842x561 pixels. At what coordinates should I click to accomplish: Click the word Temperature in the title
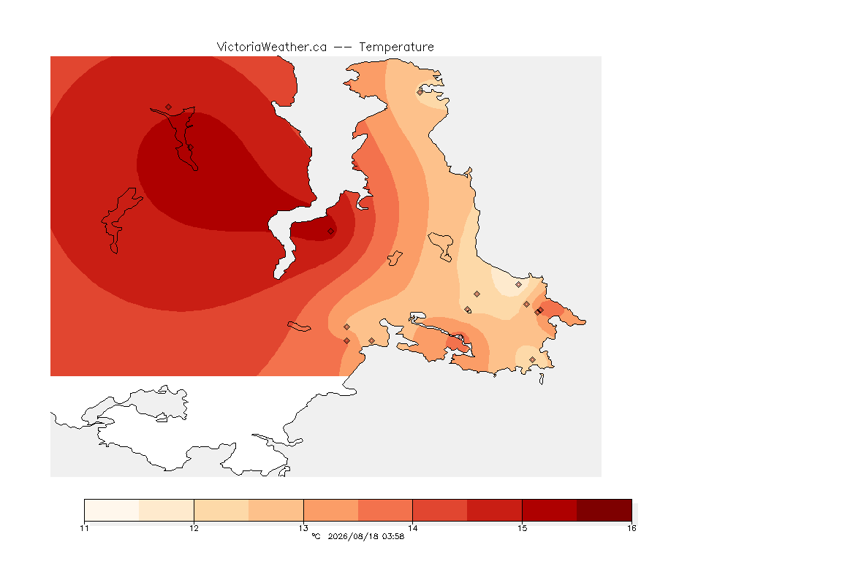pyautogui.click(x=396, y=47)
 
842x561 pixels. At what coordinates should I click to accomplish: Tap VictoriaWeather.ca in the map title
pyautogui.click(x=272, y=47)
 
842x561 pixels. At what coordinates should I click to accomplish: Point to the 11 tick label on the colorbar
pyautogui.click(x=84, y=528)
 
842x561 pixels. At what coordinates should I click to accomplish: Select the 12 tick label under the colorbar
pyautogui.click(x=194, y=528)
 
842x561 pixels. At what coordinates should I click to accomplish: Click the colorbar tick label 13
pyautogui.click(x=303, y=528)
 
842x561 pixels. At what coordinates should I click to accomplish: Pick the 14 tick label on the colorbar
pyautogui.click(x=412, y=528)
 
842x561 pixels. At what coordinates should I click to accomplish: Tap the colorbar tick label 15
pyautogui.click(x=522, y=528)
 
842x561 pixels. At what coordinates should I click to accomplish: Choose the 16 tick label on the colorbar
pyautogui.click(x=631, y=528)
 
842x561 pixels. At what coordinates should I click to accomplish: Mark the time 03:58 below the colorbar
pyautogui.click(x=393, y=536)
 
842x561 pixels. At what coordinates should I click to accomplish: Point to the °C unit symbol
pyautogui.click(x=316, y=536)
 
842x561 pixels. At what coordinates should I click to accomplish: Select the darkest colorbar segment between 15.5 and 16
pyautogui.click(x=604, y=510)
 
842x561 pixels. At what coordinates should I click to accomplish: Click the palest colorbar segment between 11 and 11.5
pyautogui.click(x=112, y=510)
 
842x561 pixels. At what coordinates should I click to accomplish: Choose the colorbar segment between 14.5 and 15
pyautogui.click(x=495, y=510)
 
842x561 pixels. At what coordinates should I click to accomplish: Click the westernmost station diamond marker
pyautogui.click(x=169, y=107)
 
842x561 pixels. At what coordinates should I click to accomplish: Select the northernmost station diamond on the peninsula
pyautogui.click(x=420, y=92)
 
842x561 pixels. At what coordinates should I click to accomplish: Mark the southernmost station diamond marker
pyautogui.click(x=532, y=359)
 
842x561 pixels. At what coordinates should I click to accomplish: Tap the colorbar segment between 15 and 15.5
pyautogui.click(x=550, y=510)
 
